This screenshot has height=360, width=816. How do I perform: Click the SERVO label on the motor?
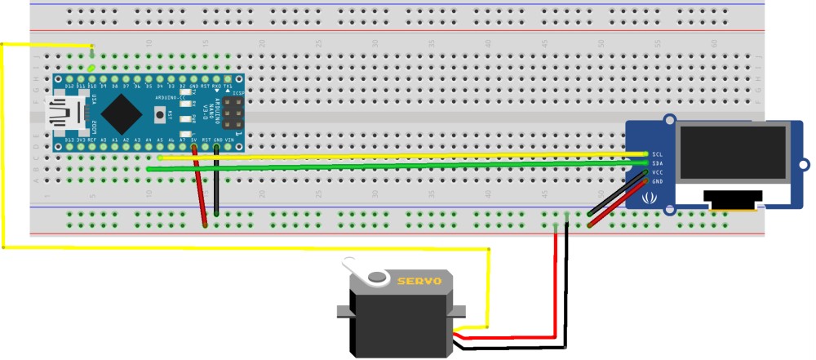(x=419, y=281)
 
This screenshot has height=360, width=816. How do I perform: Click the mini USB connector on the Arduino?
(x=67, y=113)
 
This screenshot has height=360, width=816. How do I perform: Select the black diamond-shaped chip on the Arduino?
(x=121, y=113)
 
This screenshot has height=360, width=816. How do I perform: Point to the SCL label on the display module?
(x=657, y=153)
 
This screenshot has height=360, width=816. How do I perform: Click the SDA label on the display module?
(x=657, y=163)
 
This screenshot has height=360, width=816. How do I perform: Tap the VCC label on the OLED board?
(x=657, y=173)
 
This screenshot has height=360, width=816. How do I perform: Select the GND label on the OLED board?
(x=657, y=183)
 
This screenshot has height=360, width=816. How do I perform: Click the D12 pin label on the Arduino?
(x=69, y=86)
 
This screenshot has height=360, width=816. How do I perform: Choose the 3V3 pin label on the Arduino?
(x=81, y=141)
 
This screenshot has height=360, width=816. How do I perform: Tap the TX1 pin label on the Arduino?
(x=228, y=86)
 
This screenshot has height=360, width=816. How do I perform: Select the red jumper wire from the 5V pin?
(x=200, y=188)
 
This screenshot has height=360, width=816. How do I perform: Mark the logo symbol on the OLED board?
(x=650, y=198)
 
